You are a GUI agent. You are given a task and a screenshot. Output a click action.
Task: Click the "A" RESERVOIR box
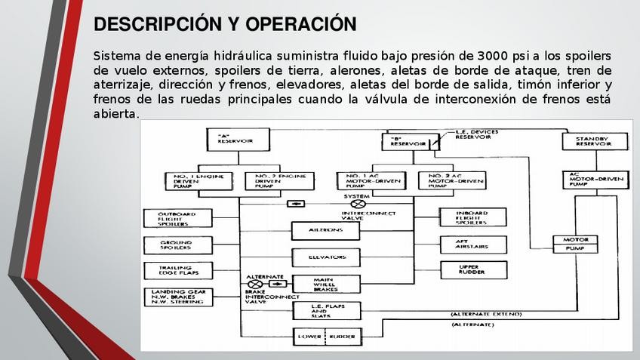tap(230, 140)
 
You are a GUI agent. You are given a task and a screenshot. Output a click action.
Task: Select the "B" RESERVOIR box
tap(407, 141)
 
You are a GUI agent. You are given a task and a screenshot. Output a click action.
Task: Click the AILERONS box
tap(326, 229)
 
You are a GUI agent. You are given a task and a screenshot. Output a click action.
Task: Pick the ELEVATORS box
tap(326, 257)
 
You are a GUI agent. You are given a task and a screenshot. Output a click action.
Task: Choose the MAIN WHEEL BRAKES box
tap(326, 285)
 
